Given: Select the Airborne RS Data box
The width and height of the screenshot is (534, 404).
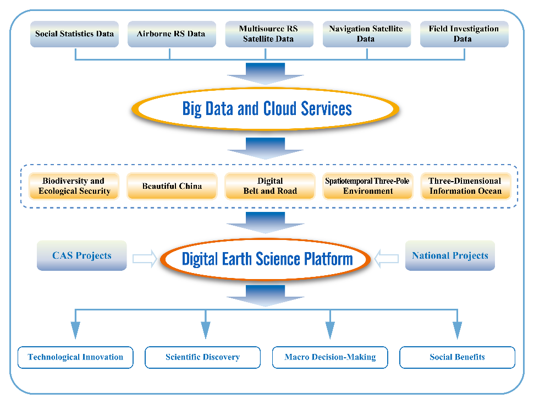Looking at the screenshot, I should (x=170, y=34).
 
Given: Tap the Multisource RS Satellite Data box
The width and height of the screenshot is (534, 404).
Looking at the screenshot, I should (x=269, y=34).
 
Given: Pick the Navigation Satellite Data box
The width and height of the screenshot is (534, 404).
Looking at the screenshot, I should (x=366, y=34).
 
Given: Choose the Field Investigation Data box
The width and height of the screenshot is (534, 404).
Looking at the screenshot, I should (x=463, y=34).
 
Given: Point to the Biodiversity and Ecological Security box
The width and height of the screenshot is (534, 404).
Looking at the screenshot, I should (x=74, y=186).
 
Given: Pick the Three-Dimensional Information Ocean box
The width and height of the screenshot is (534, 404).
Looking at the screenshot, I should (x=465, y=186).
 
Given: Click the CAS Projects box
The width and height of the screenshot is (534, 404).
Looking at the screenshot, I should (x=81, y=255).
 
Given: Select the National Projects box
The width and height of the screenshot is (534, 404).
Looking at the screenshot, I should (x=449, y=255).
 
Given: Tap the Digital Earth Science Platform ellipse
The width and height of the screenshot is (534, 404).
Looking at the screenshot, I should (x=267, y=259).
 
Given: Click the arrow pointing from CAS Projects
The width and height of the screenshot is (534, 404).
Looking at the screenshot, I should (x=145, y=258).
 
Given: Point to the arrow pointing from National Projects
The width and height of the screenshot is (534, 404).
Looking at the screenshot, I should (x=387, y=258).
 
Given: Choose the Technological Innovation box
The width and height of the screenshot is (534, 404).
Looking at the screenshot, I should (x=75, y=357).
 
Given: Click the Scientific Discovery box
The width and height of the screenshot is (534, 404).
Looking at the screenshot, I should (x=202, y=357).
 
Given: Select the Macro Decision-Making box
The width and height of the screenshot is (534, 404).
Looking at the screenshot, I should (x=330, y=357).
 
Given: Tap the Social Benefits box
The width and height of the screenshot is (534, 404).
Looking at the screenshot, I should (x=457, y=357).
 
